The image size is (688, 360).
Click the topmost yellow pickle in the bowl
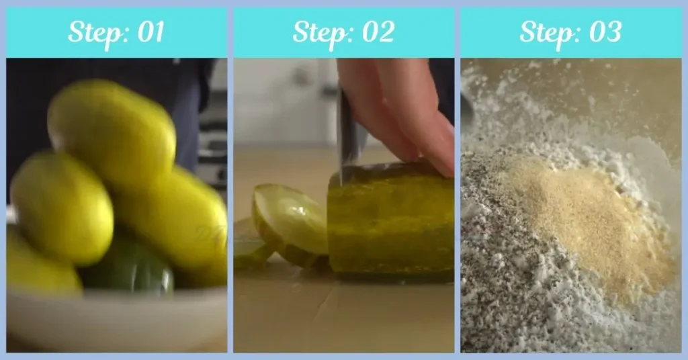[x=111, y=128]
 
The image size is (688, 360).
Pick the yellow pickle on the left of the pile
[x=60, y=208]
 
